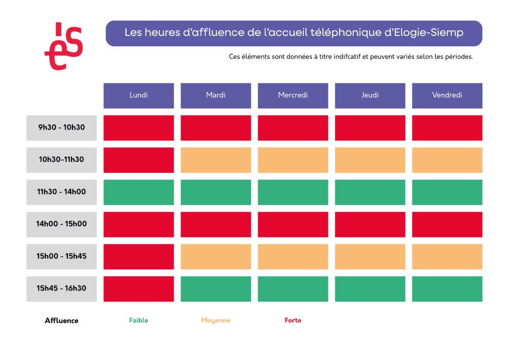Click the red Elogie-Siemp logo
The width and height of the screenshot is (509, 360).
[64, 46]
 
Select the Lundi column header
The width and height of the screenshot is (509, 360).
[138, 95]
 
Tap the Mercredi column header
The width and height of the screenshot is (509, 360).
[293, 95]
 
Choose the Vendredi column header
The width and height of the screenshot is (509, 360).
[447, 95]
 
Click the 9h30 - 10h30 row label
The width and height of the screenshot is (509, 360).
[61, 128]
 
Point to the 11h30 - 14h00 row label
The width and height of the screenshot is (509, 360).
[61, 192]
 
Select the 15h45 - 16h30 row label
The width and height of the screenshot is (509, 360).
[61, 289]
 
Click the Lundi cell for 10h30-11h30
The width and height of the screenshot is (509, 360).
[138, 160]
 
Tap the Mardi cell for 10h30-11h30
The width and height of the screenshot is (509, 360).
[215, 160]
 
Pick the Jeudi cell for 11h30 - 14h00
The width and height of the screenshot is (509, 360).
[370, 192]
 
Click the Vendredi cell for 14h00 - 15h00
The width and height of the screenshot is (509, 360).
[447, 224]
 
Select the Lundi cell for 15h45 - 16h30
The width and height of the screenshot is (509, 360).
[138, 289]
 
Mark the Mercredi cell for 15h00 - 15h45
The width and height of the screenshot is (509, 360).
[293, 256]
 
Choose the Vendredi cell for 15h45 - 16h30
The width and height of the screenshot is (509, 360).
[447, 289]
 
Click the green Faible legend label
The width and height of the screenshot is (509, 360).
[138, 320]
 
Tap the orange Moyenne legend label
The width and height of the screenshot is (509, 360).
[215, 320]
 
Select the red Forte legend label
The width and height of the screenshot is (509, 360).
[293, 320]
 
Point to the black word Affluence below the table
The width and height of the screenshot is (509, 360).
[62, 320]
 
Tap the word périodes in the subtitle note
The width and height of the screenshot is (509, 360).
[458, 57]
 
